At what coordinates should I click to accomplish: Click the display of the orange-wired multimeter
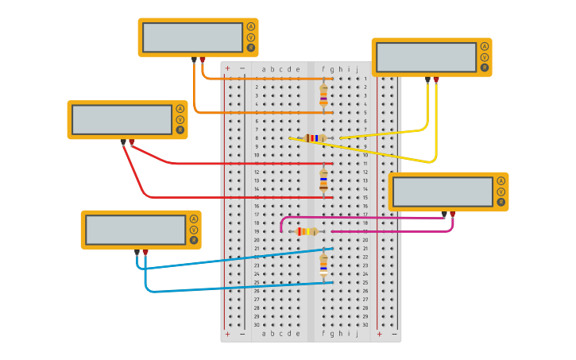192,37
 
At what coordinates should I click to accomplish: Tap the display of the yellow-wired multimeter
426,57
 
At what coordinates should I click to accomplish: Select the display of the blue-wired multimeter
136,230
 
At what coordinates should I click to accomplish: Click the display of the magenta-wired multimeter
443,192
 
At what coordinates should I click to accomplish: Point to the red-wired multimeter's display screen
122,119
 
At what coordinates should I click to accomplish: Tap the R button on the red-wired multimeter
180,130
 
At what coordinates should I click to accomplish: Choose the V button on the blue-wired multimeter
193,230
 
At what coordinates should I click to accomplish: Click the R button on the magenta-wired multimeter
501,203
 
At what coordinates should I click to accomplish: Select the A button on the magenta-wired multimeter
501,180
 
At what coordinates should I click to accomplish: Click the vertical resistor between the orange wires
323,95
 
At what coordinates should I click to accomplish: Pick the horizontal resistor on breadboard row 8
315,138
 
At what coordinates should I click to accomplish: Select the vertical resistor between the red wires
323,180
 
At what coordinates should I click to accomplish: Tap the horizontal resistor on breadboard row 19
306,231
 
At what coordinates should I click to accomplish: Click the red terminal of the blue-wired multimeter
145,251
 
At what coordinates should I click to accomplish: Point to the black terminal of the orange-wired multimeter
194,60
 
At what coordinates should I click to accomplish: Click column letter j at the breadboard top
358,69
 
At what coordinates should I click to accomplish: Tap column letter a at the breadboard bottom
264,334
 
